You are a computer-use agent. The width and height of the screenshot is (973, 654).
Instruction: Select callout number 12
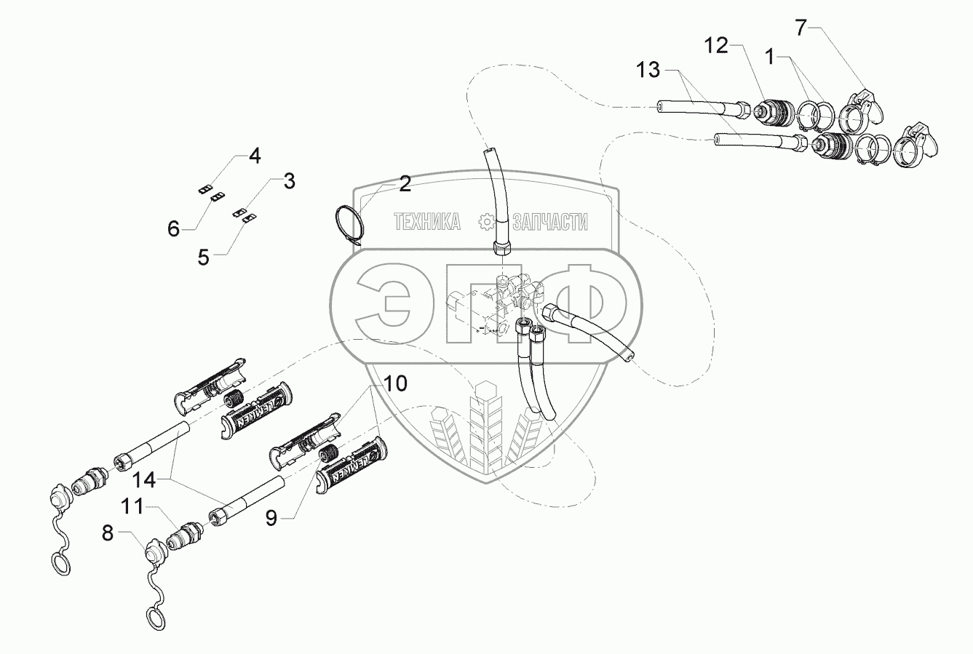point(716,46)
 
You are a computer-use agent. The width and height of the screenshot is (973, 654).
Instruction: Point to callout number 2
point(405,183)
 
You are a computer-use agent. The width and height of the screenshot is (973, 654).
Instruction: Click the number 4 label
point(254,155)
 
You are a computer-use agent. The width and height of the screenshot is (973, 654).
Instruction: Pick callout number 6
point(173,229)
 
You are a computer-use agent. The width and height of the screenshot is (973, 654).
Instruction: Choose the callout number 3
point(289,182)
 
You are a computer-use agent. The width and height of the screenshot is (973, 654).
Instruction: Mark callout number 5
point(203,256)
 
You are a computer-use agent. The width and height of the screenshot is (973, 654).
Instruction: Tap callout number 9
point(271,517)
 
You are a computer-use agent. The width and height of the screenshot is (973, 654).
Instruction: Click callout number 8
point(108,533)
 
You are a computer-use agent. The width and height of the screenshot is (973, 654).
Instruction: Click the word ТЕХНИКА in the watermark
point(427,223)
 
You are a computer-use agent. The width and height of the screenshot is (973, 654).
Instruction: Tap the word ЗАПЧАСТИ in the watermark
point(549,223)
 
